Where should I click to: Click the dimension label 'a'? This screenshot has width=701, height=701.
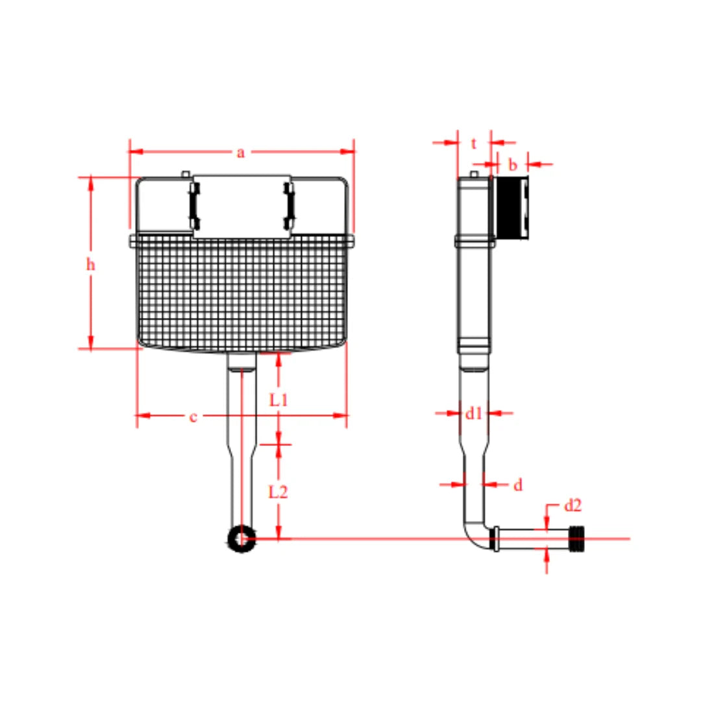(241, 153)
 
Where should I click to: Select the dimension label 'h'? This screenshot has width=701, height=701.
(91, 264)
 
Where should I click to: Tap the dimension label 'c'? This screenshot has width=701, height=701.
(193, 417)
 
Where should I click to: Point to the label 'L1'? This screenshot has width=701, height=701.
(278, 400)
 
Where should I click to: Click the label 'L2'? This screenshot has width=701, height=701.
(278, 492)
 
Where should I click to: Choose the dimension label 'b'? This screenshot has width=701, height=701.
(513, 165)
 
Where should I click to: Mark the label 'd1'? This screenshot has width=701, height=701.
(474, 412)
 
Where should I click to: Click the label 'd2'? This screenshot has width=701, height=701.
(572, 505)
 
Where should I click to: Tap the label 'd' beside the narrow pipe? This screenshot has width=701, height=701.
(518, 485)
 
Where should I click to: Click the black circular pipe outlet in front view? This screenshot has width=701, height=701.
(241, 538)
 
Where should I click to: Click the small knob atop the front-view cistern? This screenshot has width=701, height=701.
(186, 173)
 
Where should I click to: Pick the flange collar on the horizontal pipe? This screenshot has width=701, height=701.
(497, 539)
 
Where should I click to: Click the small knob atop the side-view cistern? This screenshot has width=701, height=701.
(474, 174)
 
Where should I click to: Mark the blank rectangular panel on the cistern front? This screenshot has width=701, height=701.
(241, 204)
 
